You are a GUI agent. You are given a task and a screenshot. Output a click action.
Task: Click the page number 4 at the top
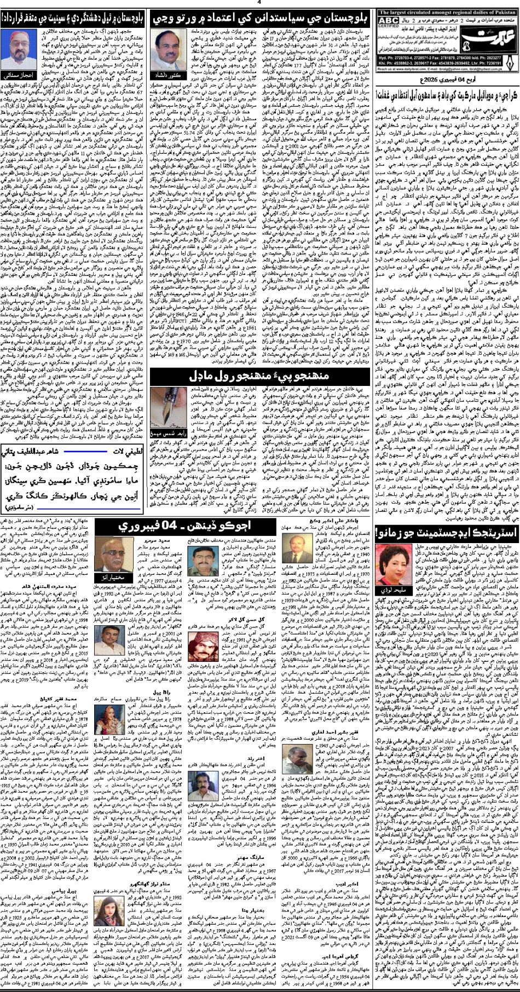pos(259,2)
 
